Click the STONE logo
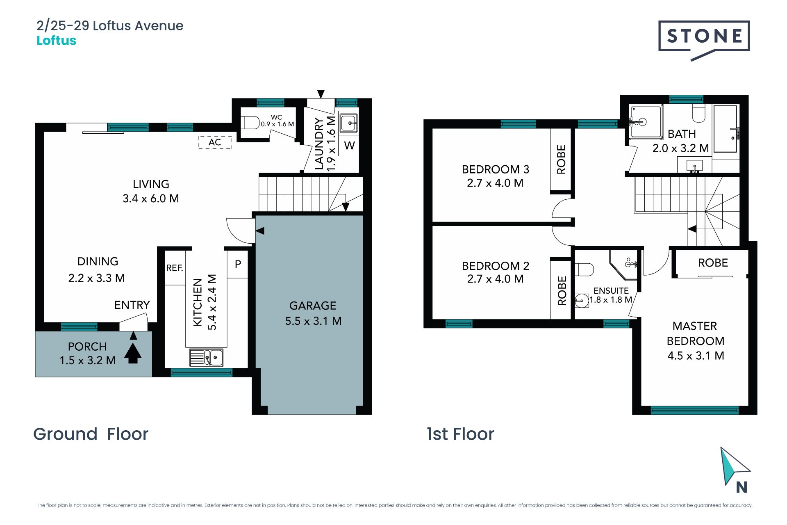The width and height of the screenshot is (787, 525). [704, 40]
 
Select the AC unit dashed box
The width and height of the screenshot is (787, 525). [215, 142]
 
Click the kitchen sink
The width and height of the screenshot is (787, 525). [206, 357]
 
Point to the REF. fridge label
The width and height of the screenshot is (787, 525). [175, 268]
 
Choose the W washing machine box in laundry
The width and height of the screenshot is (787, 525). [349, 146]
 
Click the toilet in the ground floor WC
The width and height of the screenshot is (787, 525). [250, 122]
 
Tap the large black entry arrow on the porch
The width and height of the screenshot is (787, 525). [132, 353]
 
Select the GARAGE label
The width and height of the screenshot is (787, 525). [313, 306]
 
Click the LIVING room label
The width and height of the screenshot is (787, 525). [151, 184]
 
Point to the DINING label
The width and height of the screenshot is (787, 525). [98, 261]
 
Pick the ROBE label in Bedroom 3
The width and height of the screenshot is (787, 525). [561, 160]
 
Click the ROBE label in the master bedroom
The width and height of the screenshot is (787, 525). [713, 263]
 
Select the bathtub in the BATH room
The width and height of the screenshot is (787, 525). [726, 129]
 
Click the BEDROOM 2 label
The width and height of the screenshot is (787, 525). [496, 266]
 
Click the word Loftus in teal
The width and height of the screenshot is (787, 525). [57, 41]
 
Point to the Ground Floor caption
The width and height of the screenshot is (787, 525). [91, 434]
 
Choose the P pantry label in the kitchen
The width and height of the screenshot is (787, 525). [238, 265]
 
